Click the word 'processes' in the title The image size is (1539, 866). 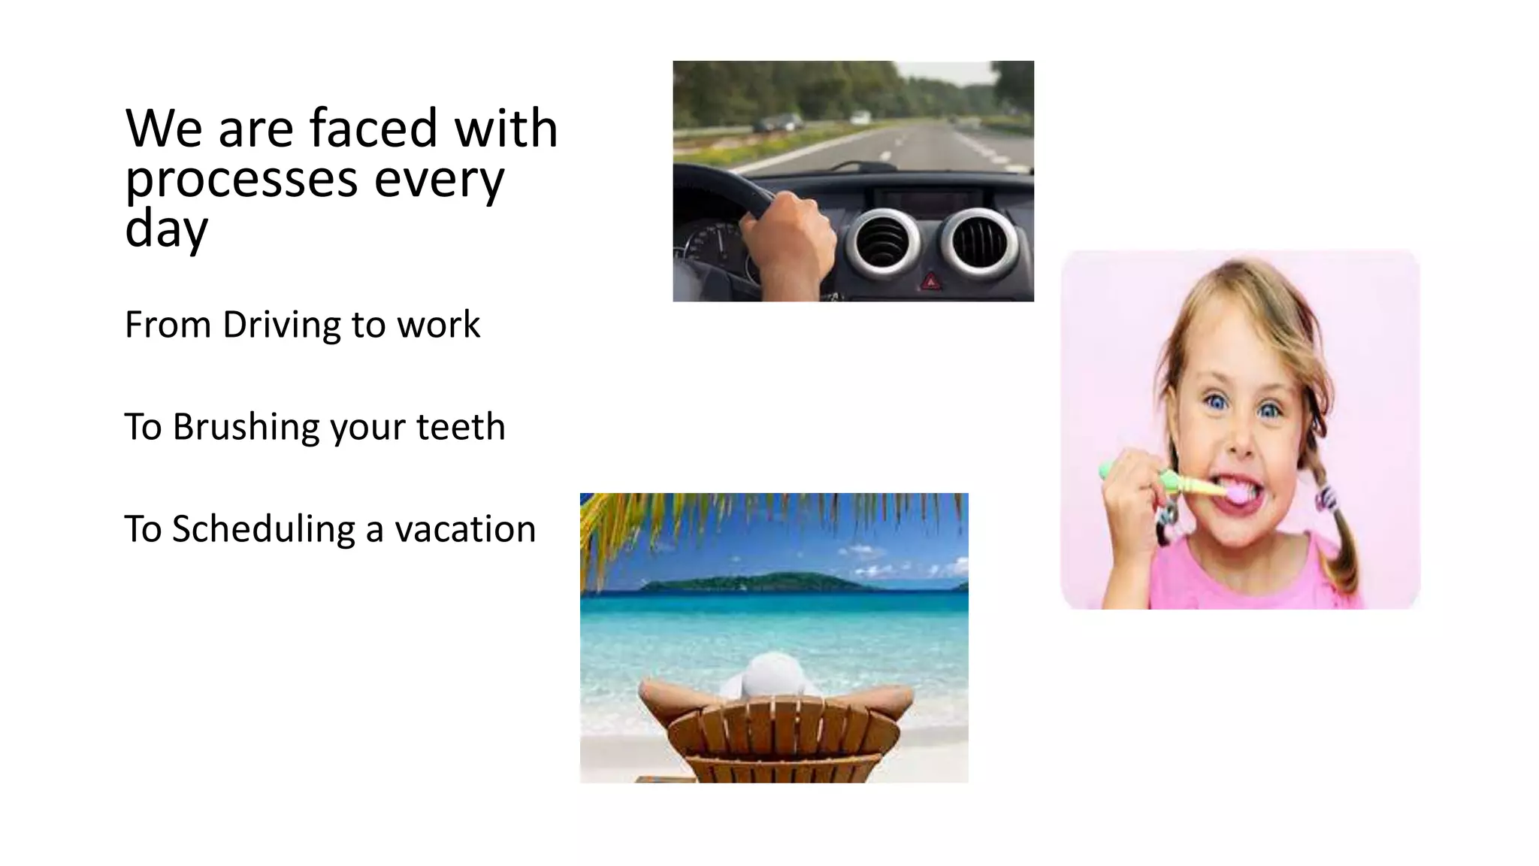click(x=240, y=181)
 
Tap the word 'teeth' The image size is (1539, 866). click(x=460, y=427)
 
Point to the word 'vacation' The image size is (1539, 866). click(x=465, y=529)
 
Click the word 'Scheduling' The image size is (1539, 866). click(x=263, y=529)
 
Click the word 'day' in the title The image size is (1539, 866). click(x=165, y=230)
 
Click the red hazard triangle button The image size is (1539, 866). click(x=931, y=282)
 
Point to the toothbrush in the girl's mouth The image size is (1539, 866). click(x=1172, y=482)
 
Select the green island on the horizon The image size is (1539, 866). click(x=759, y=582)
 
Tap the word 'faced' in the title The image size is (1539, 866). click(x=373, y=129)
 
